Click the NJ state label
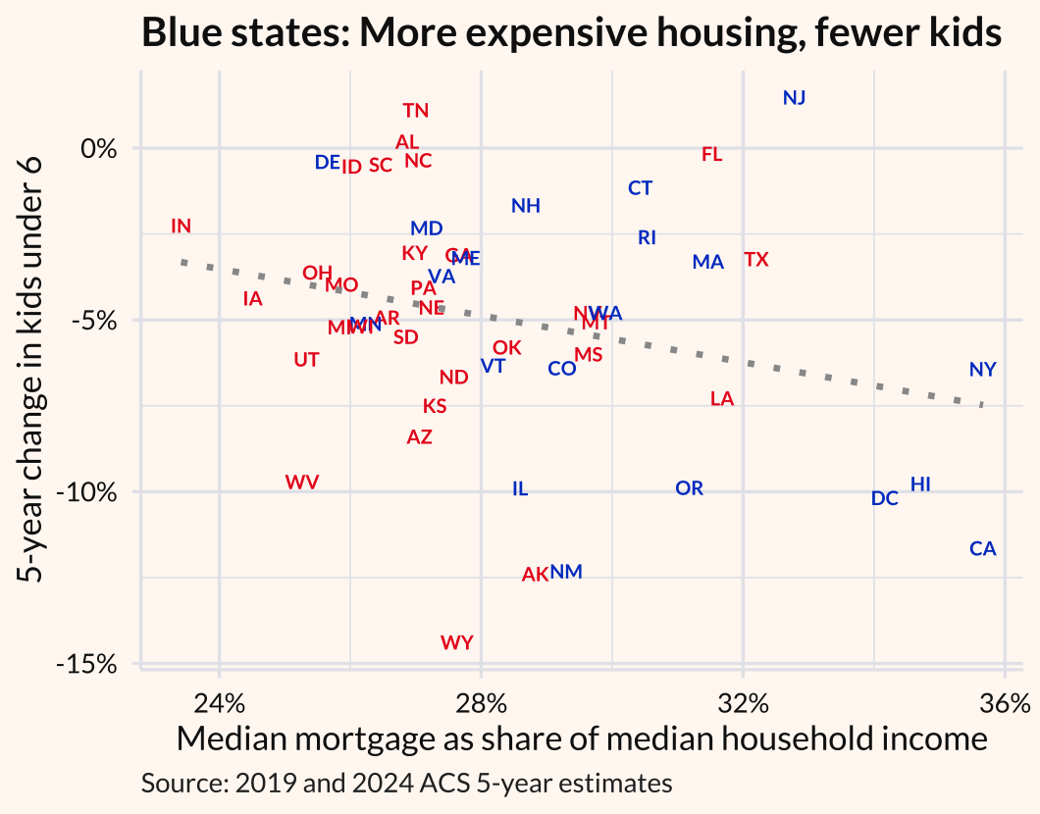(794, 97)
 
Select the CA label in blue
(982, 548)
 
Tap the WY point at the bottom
(457, 642)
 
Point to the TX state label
(755, 260)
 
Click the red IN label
(181, 226)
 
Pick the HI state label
(920, 484)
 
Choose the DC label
(884, 498)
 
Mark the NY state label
(982, 370)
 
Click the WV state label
(302, 482)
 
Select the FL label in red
(712, 154)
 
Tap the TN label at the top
(416, 111)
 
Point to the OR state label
(689, 487)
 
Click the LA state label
(721, 398)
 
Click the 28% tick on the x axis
(481, 703)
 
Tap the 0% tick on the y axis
(100, 149)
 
